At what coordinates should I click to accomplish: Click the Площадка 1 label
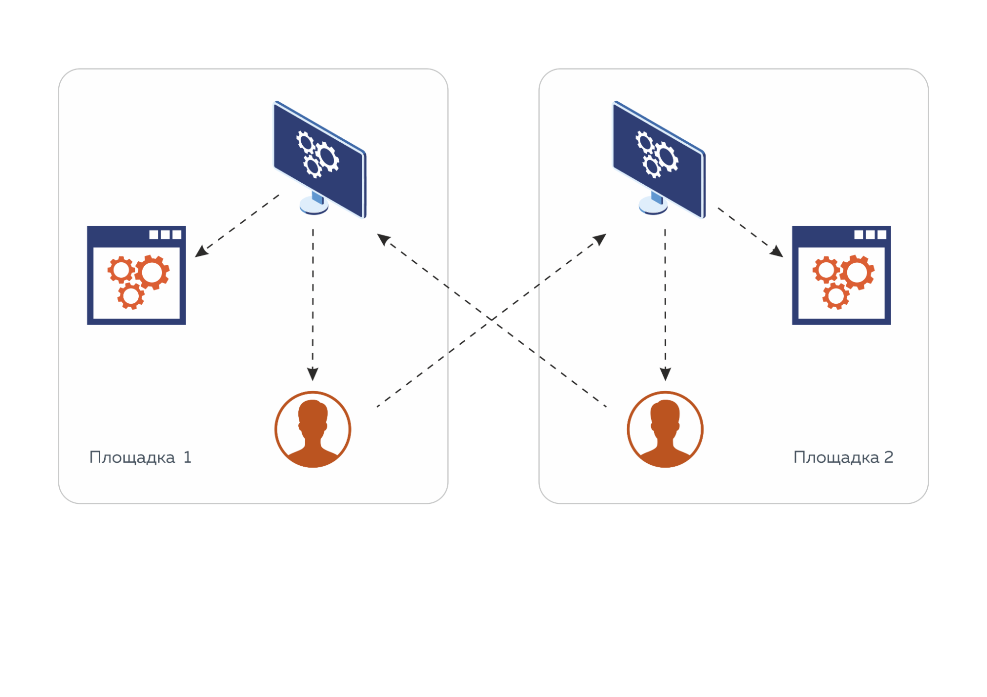140,457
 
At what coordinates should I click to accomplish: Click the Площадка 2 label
843,457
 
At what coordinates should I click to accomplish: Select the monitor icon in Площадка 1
320,158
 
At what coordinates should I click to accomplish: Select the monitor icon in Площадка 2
659,158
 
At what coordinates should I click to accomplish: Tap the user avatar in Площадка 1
313,429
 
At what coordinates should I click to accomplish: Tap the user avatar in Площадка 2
665,429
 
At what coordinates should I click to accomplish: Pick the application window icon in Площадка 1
136,275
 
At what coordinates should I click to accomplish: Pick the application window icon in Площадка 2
841,275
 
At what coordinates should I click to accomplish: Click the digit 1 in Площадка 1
187,457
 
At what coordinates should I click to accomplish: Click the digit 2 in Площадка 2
888,457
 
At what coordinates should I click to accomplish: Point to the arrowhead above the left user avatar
313,374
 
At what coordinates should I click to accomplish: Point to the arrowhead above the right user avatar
665,374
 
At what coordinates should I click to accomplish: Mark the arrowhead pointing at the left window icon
201,251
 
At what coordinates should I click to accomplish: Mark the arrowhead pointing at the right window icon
777,251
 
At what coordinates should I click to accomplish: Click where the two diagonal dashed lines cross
492,319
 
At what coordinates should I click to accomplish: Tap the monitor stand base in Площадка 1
314,206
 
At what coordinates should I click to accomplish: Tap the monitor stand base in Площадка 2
653,206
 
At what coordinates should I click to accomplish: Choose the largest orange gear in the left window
152,272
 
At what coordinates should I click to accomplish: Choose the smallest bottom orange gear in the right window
836,296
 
